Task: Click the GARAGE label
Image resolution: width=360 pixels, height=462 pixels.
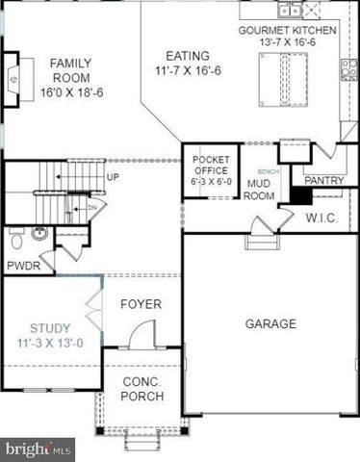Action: tap(270, 324)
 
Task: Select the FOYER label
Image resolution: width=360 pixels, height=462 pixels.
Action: tap(141, 304)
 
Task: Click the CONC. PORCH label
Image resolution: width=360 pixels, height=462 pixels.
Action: tap(141, 387)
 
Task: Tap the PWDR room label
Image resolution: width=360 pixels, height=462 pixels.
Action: tap(23, 265)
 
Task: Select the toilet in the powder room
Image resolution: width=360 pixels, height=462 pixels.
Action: tap(15, 236)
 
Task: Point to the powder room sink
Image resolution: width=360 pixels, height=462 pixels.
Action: tap(39, 233)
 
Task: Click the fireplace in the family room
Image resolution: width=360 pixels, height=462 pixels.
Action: tap(13, 78)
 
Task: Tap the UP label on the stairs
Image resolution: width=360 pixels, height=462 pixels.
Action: tap(113, 177)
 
